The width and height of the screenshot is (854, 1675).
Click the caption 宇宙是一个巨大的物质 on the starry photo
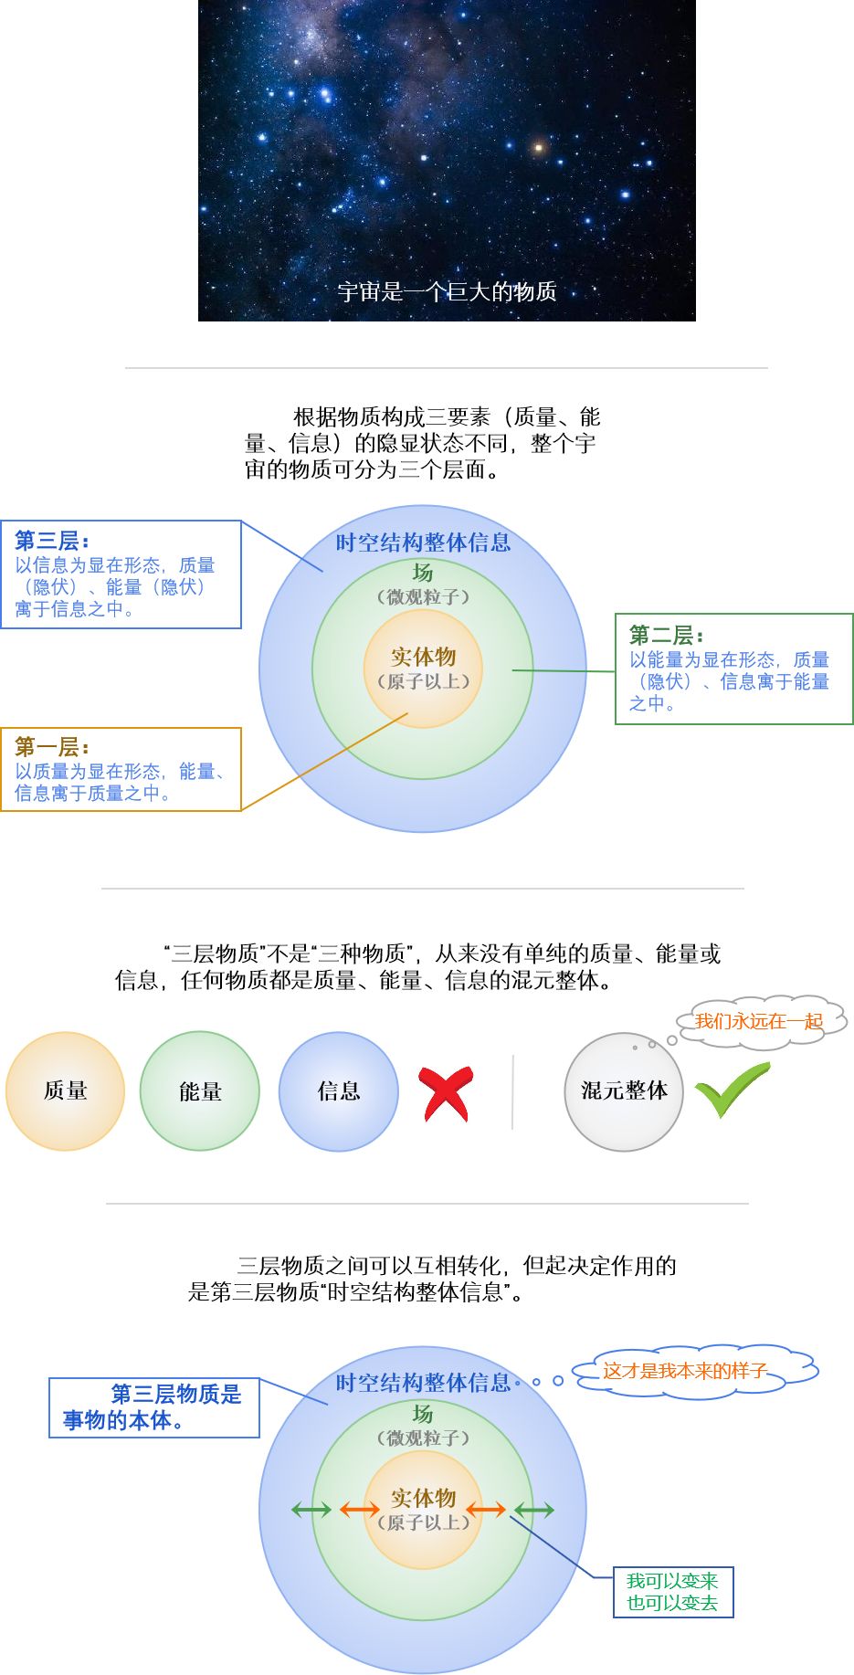click(447, 292)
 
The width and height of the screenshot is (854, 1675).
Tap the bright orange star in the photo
click(539, 146)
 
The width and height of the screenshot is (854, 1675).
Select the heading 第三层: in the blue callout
click(52, 541)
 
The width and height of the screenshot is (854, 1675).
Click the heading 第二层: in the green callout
click(666, 635)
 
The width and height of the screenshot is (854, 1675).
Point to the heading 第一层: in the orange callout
click(52, 747)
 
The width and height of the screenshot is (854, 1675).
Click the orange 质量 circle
click(65, 1090)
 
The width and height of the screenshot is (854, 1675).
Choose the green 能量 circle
click(200, 1090)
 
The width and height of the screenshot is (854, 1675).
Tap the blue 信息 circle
click(339, 1090)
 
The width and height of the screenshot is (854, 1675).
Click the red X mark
click(447, 1093)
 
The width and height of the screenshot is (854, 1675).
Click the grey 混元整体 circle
click(624, 1090)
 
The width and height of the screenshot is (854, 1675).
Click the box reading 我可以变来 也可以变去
click(673, 1592)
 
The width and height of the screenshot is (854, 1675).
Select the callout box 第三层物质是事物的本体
click(153, 1407)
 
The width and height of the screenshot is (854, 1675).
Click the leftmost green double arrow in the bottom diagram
click(311, 1510)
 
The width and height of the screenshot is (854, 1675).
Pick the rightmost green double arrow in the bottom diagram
click(534, 1510)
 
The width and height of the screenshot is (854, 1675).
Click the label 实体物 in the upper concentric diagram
click(423, 657)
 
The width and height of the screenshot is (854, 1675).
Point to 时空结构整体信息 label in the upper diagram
click(423, 543)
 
